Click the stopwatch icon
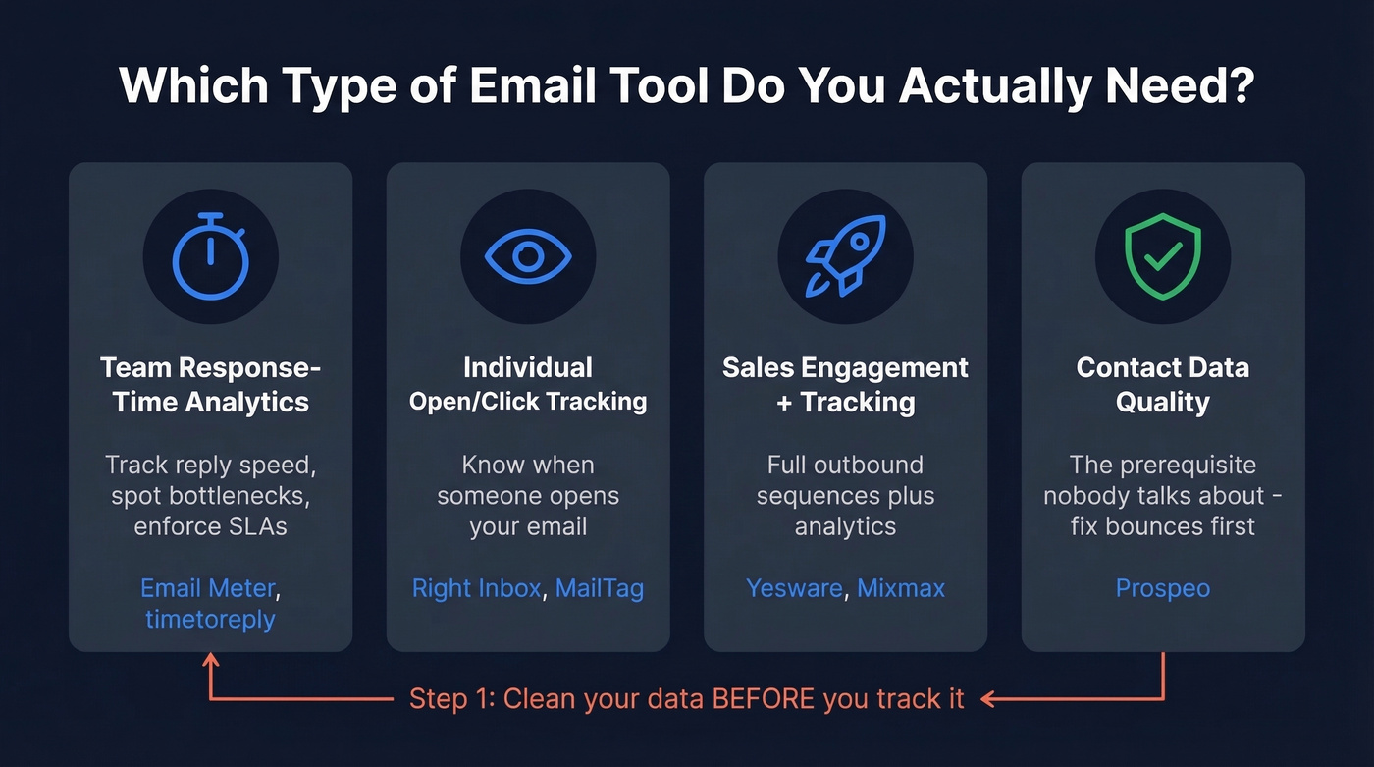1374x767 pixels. (210, 256)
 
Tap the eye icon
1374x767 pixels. (528, 256)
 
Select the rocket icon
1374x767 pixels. (845, 256)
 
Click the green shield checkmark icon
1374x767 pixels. (1163, 256)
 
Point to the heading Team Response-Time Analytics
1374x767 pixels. (210, 384)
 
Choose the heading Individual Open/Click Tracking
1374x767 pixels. (528, 384)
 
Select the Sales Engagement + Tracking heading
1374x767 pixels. (845, 384)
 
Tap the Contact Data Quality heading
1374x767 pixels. (1163, 384)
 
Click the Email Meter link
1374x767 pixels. (208, 588)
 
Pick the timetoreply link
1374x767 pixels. (210, 620)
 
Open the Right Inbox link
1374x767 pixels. (476, 588)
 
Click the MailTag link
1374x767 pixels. (599, 588)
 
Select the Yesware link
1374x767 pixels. (793, 588)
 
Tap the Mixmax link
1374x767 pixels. (901, 588)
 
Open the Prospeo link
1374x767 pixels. (1163, 588)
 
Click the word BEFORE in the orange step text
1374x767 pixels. (763, 699)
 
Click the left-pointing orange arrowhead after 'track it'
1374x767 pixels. (989, 699)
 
